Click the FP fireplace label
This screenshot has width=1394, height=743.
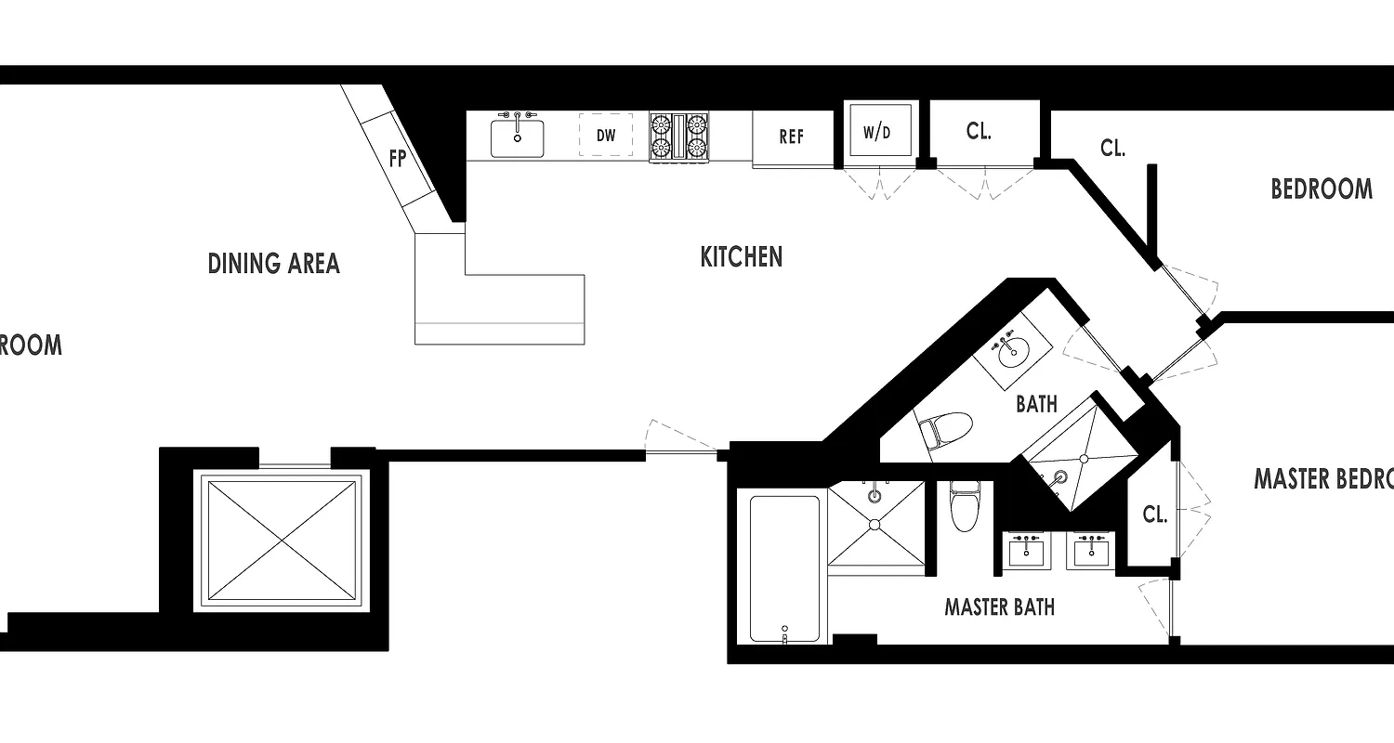[x=398, y=159]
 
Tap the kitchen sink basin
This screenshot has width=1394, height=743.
[x=517, y=137]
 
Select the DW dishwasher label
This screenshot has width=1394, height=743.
[x=606, y=136]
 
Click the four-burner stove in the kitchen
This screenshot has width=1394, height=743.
[x=678, y=137]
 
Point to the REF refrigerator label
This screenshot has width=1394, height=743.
[x=791, y=137]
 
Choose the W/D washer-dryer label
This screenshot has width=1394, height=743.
[x=876, y=132]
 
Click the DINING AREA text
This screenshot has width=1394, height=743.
[x=273, y=264]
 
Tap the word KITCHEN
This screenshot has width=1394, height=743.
[x=741, y=257]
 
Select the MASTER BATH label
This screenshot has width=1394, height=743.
[x=999, y=607]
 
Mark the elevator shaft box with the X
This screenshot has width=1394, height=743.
[x=281, y=540]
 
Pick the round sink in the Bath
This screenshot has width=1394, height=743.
[x=1012, y=351]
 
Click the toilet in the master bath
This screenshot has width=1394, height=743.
[x=963, y=507]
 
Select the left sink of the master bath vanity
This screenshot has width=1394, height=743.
[x=1026, y=552]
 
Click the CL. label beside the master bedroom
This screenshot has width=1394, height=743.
[x=1154, y=515]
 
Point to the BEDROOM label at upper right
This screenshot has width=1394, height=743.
[x=1321, y=189]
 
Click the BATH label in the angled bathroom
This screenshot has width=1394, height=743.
[x=1035, y=404]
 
